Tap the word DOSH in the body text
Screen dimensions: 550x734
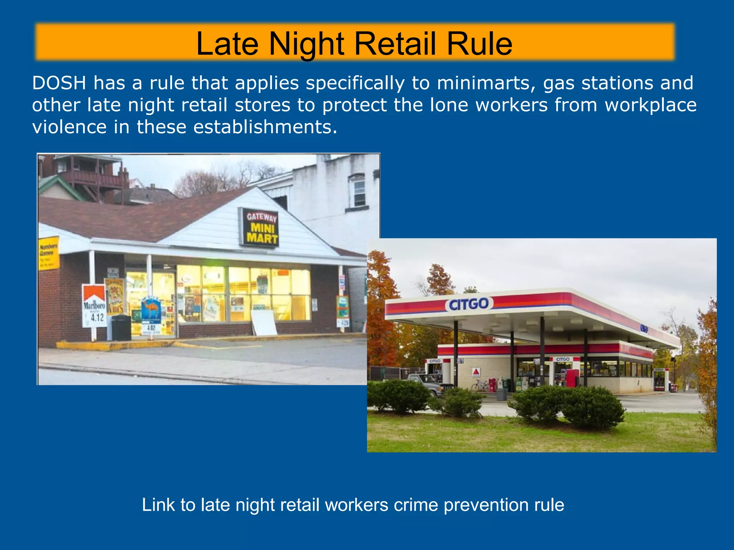pyautogui.click(x=59, y=83)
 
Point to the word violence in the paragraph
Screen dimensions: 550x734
pyautogui.click(x=69, y=127)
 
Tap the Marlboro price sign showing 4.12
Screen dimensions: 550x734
pyautogui.click(x=94, y=305)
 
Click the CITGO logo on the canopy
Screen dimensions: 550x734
pyautogui.click(x=469, y=304)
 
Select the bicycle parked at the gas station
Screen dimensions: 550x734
pyautogui.click(x=480, y=386)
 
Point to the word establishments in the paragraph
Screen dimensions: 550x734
pyautogui.click(x=265, y=127)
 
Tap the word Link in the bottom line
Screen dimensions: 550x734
pyautogui.click(x=158, y=505)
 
